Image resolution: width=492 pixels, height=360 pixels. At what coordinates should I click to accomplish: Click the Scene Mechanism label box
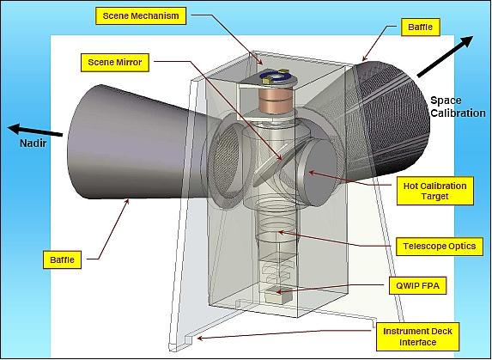(141, 16)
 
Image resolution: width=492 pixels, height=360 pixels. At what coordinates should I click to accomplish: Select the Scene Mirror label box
(115, 63)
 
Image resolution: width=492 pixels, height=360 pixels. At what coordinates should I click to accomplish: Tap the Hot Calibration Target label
(434, 191)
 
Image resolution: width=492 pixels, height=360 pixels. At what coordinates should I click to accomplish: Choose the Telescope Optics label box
(440, 247)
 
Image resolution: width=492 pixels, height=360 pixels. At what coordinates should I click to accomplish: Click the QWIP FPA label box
(417, 285)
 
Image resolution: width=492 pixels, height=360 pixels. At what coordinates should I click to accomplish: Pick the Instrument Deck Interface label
(417, 337)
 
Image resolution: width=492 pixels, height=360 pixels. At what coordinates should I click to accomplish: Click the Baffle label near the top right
(420, 27)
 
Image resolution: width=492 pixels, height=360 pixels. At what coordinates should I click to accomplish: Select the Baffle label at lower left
(62, 259)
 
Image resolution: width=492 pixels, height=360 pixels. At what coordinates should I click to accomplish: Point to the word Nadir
(33, 143)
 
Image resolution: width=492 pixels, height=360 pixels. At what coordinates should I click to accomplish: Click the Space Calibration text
(458, 107)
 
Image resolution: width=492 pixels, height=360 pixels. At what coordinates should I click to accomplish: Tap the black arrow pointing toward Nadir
(35, 131)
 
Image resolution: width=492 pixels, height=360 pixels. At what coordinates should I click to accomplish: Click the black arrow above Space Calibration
(445, 57)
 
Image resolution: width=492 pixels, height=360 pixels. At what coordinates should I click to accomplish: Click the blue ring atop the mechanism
(276, 77)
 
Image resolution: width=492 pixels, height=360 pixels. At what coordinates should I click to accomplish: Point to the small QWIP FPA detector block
(278, 295)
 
